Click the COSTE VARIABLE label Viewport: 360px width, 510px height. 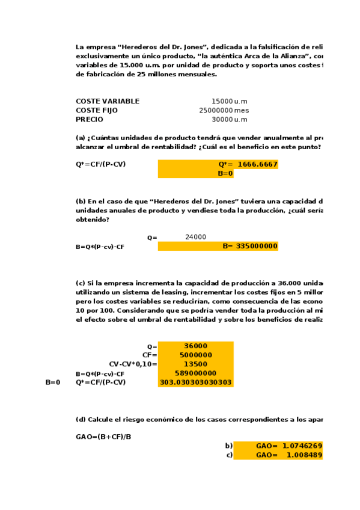(x=108, y=101)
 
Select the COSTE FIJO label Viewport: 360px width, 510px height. (x=97, y=110)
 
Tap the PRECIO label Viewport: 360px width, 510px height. (x=90, y=119)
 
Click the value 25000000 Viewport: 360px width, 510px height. (x=216, y=110)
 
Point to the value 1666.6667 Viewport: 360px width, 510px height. (x=257, y=164)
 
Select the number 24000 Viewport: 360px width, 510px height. (x=195, y=237)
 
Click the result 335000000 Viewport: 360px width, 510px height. (x=257, y=246)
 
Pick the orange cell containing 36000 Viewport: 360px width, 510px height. (x=195, y=346)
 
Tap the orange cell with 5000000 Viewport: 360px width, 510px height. (x=195, y=355)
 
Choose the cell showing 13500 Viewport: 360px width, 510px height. (x=195, y=364)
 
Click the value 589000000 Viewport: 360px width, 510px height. (x=195, y=373)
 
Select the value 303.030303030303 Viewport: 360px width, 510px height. (x=195, y=382)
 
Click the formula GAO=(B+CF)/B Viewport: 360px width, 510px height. (x=103, y=436)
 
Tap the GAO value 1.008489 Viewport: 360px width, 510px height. (x=304, y=455)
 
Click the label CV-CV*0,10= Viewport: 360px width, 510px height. (x=133, y=364)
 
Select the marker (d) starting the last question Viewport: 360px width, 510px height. (x=81, y=419)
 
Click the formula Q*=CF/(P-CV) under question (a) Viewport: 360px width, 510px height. (x=101, y=164)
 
